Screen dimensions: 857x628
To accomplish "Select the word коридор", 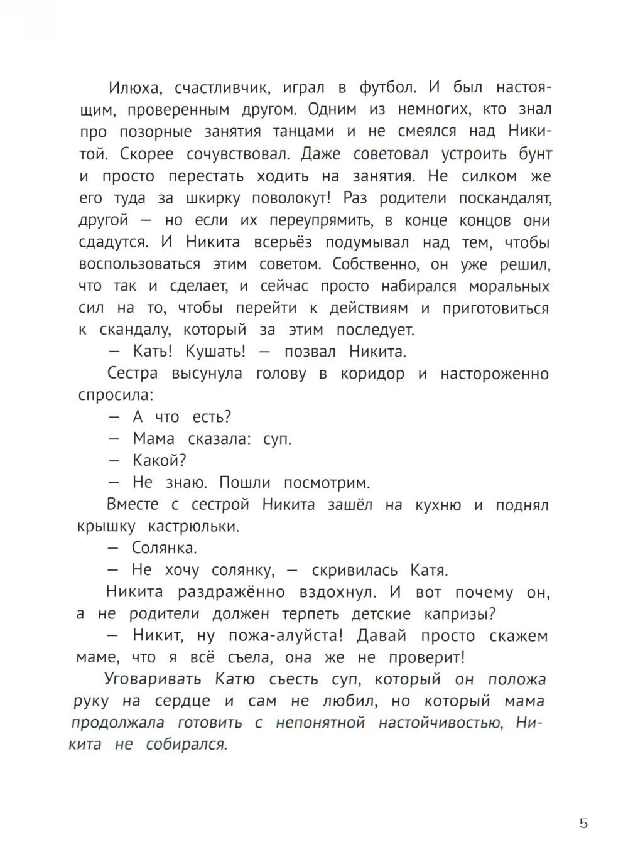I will tap(372, 374).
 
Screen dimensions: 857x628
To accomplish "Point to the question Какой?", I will tap(159, 461).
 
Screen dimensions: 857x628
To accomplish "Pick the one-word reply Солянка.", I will tap(165, 547).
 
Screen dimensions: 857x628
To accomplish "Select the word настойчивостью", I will tap(441, 723).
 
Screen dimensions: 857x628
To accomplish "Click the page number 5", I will tap(583, 824).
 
